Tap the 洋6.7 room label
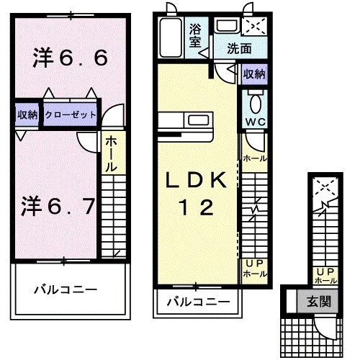[58, 207]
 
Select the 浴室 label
[195, 36]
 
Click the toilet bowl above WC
[254, 101]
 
